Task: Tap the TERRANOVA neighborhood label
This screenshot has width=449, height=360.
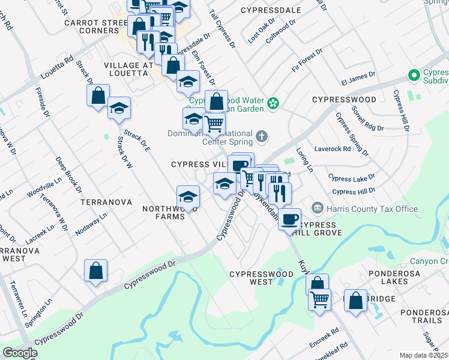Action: (x=106, y=203)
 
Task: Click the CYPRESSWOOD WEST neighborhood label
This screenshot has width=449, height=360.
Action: (x=261, y=278)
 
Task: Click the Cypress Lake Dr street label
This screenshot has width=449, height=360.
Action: (x=351, y=178)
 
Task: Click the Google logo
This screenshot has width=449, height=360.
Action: (x=20, y=352)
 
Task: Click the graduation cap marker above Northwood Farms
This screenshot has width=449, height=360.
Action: (x=188, y=196)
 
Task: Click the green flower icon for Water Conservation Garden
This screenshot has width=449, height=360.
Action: (x=273, y=103)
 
